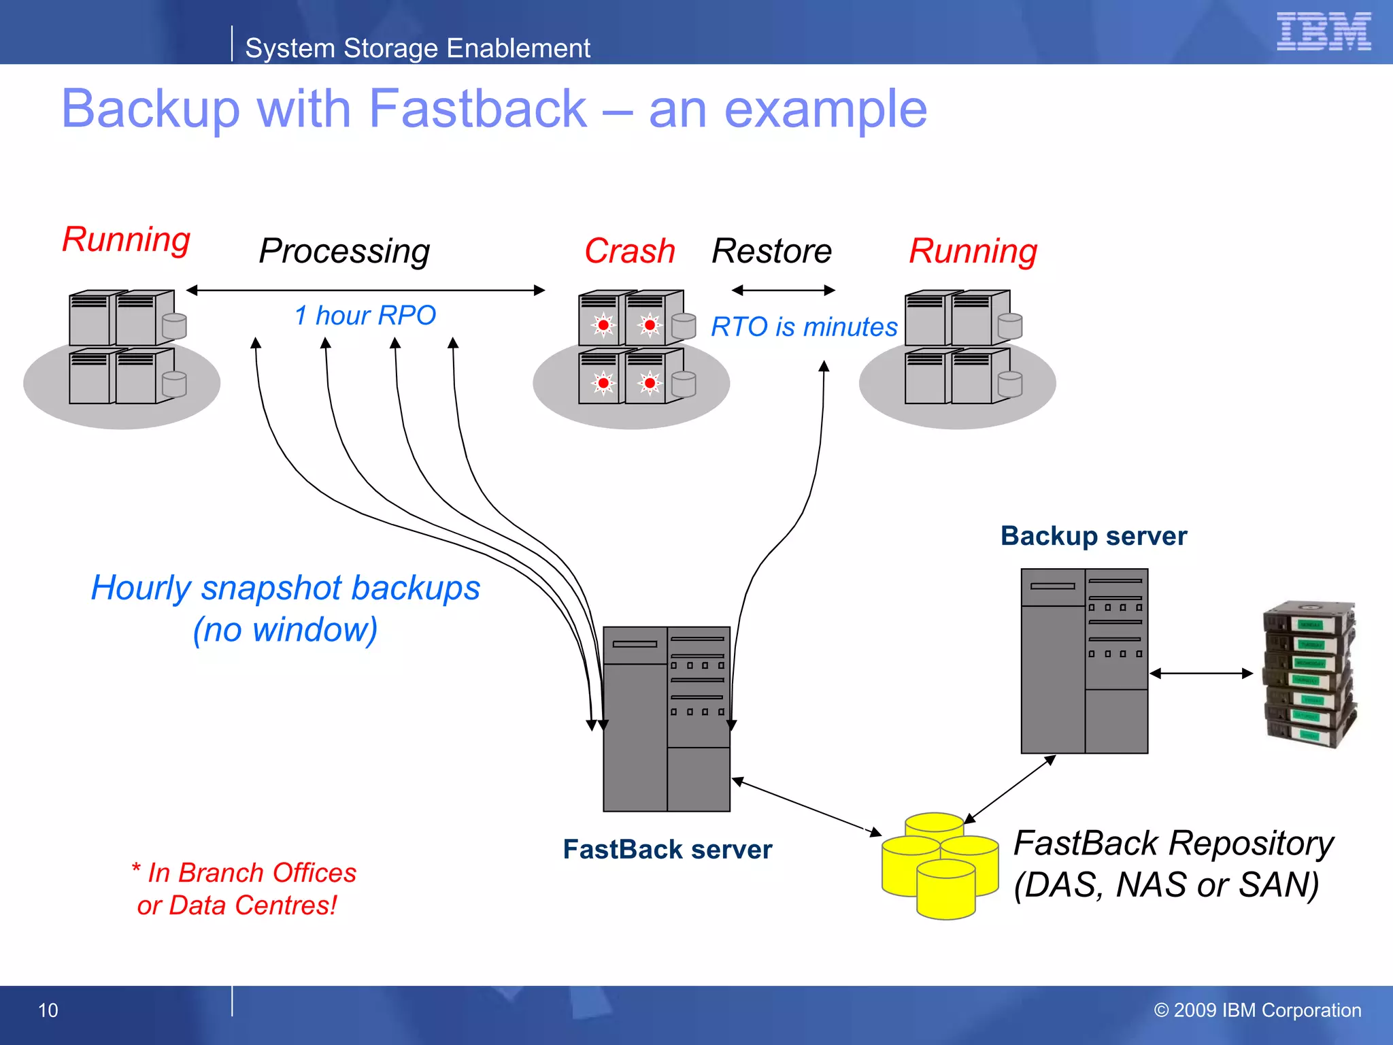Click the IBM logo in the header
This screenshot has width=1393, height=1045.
(x=1323, y=31)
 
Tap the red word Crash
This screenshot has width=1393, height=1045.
(x=629, y=251)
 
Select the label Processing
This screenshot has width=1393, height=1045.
(x=344, y=251)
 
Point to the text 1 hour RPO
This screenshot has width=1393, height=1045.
(x=365, y=315)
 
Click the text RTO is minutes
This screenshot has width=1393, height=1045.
(x=804, y=327)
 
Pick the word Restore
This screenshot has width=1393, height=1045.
(x=771, y=251)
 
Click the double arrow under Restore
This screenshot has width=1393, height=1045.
(x=783, y=291)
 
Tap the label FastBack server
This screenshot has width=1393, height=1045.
(x=667, y=849)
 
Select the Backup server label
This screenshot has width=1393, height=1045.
(x=1093, y=535)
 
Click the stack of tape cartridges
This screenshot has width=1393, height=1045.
(x=1309, y=674)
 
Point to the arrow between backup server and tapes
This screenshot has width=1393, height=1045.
(x=1201, y=674)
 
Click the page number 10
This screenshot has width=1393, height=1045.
(x=48, y=1010)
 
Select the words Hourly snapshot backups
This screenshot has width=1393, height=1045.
(x=286, y=588)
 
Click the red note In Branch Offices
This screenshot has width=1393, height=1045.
(x=245, y=873)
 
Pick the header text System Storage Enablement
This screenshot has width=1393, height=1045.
(x=417, y=48)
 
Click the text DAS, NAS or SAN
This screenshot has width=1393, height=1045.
(x=1166, y=885)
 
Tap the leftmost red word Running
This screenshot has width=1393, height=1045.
(x=126, y=239)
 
